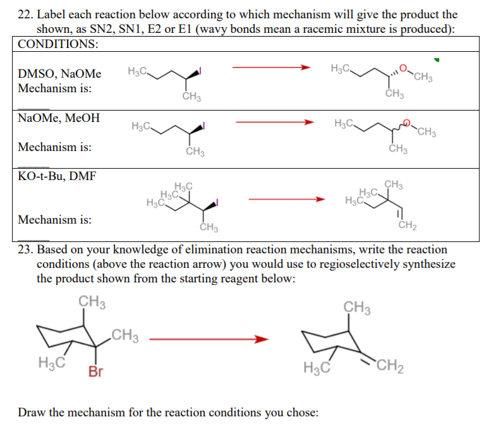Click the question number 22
pyautogui.click(x=26, y=14)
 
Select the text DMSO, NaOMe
pyautogui.click(x=59, y=75)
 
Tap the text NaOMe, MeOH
pyautogui.click(x=59, y=118)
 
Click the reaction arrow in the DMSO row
pyautogui.click(x=271, y=67)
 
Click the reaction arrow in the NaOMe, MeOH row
pyautogui.click(x=274, y=122)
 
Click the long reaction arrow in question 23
pyautogui.click(x=209, y=339)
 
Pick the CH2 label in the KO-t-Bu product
pyautogui.click(x=406, y=225)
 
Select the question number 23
pyautogui.click(x=26, y=250)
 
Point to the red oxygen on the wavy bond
pyautogui.click(x=407, y=125)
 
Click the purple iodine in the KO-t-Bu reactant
pyautogui.click(x=218, y=203)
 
